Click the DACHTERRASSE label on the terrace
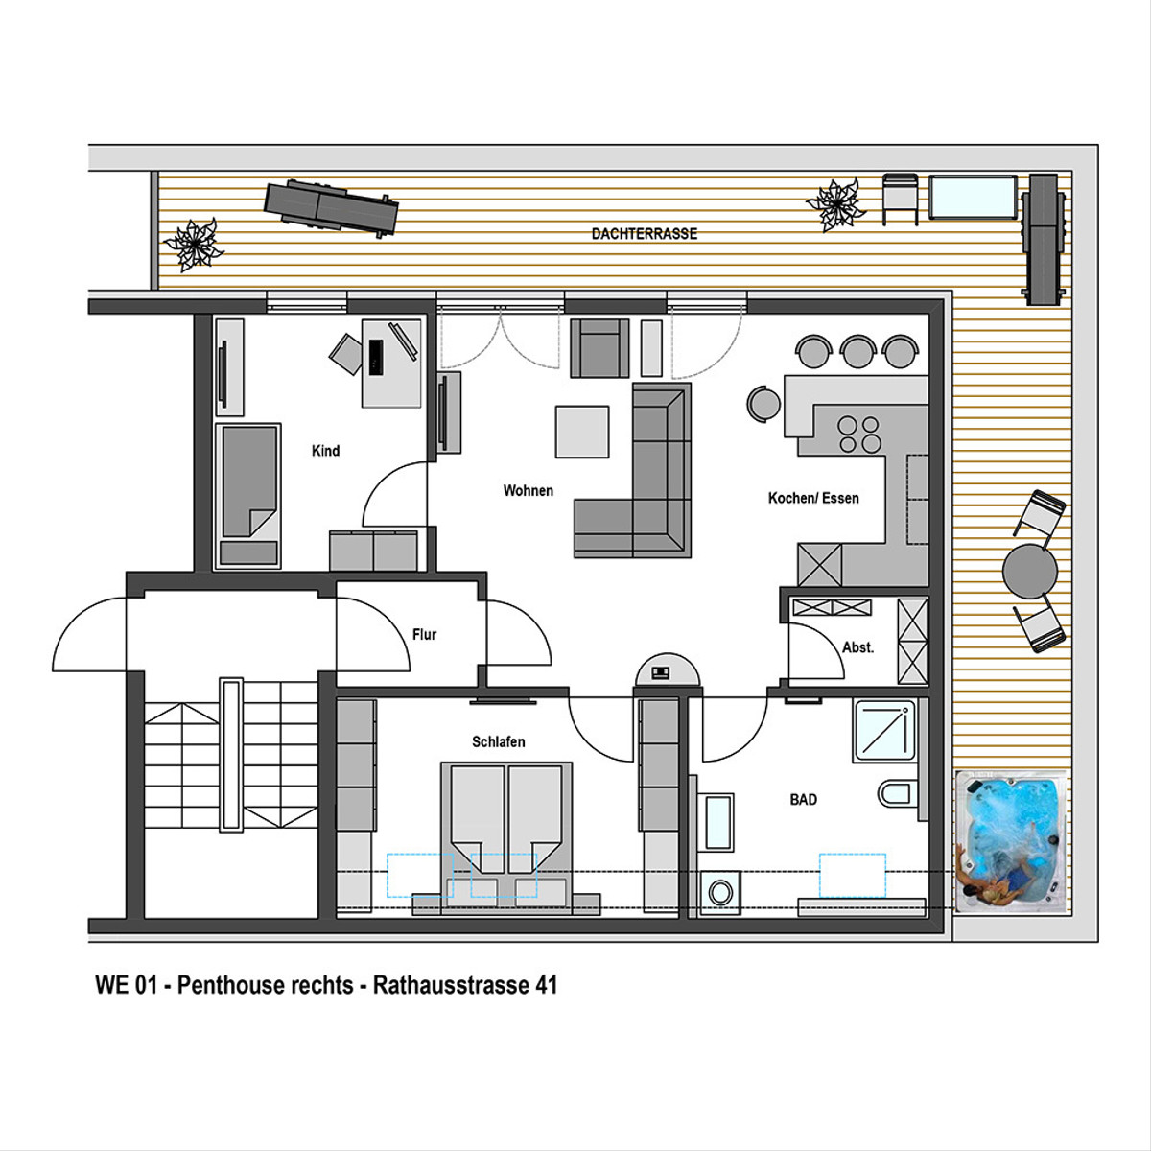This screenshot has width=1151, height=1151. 644,233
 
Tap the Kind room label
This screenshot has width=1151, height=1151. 325,451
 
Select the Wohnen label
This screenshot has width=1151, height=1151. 528,490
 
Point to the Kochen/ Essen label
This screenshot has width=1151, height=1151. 813,498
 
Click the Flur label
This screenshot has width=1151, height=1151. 424,634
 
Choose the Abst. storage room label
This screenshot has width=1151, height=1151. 857,646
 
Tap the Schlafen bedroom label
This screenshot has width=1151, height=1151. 498,741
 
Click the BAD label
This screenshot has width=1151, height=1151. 803,799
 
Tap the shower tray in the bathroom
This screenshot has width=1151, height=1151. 884,731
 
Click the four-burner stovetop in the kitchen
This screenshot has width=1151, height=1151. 858,435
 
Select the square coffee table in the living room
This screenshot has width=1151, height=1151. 582,432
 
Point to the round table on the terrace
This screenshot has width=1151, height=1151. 1030,571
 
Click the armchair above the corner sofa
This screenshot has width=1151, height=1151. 599,348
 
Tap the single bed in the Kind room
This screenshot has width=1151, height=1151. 247,496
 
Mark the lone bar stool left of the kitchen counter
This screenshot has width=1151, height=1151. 763,404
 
